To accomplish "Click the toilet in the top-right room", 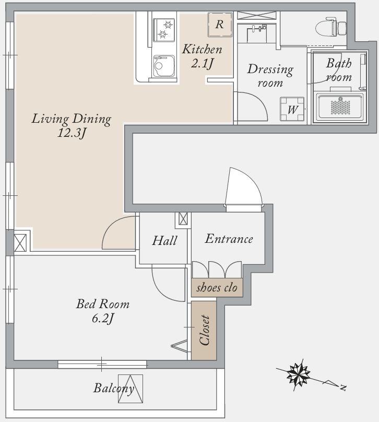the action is (331, 27).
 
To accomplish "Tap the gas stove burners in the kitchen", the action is (164, 30).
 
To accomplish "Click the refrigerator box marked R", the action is (220, 25).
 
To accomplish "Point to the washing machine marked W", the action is (292, 109).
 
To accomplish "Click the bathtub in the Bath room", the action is (340, 107).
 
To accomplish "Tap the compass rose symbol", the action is (298, 374).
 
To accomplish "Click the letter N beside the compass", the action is (342, 388).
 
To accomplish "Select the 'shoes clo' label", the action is (217, 288).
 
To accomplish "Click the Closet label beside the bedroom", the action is (204, 330).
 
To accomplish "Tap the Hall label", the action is (164, 240).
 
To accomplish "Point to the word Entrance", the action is (229, 239).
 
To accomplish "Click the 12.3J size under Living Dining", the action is (72, 133).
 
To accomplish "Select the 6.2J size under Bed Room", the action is (103, 319).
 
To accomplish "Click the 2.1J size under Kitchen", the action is (202, 64).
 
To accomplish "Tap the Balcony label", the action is (114, 389).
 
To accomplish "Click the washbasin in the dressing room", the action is (257, 33).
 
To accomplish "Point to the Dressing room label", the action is (270, 76).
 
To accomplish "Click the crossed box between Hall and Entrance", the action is (183, 218).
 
